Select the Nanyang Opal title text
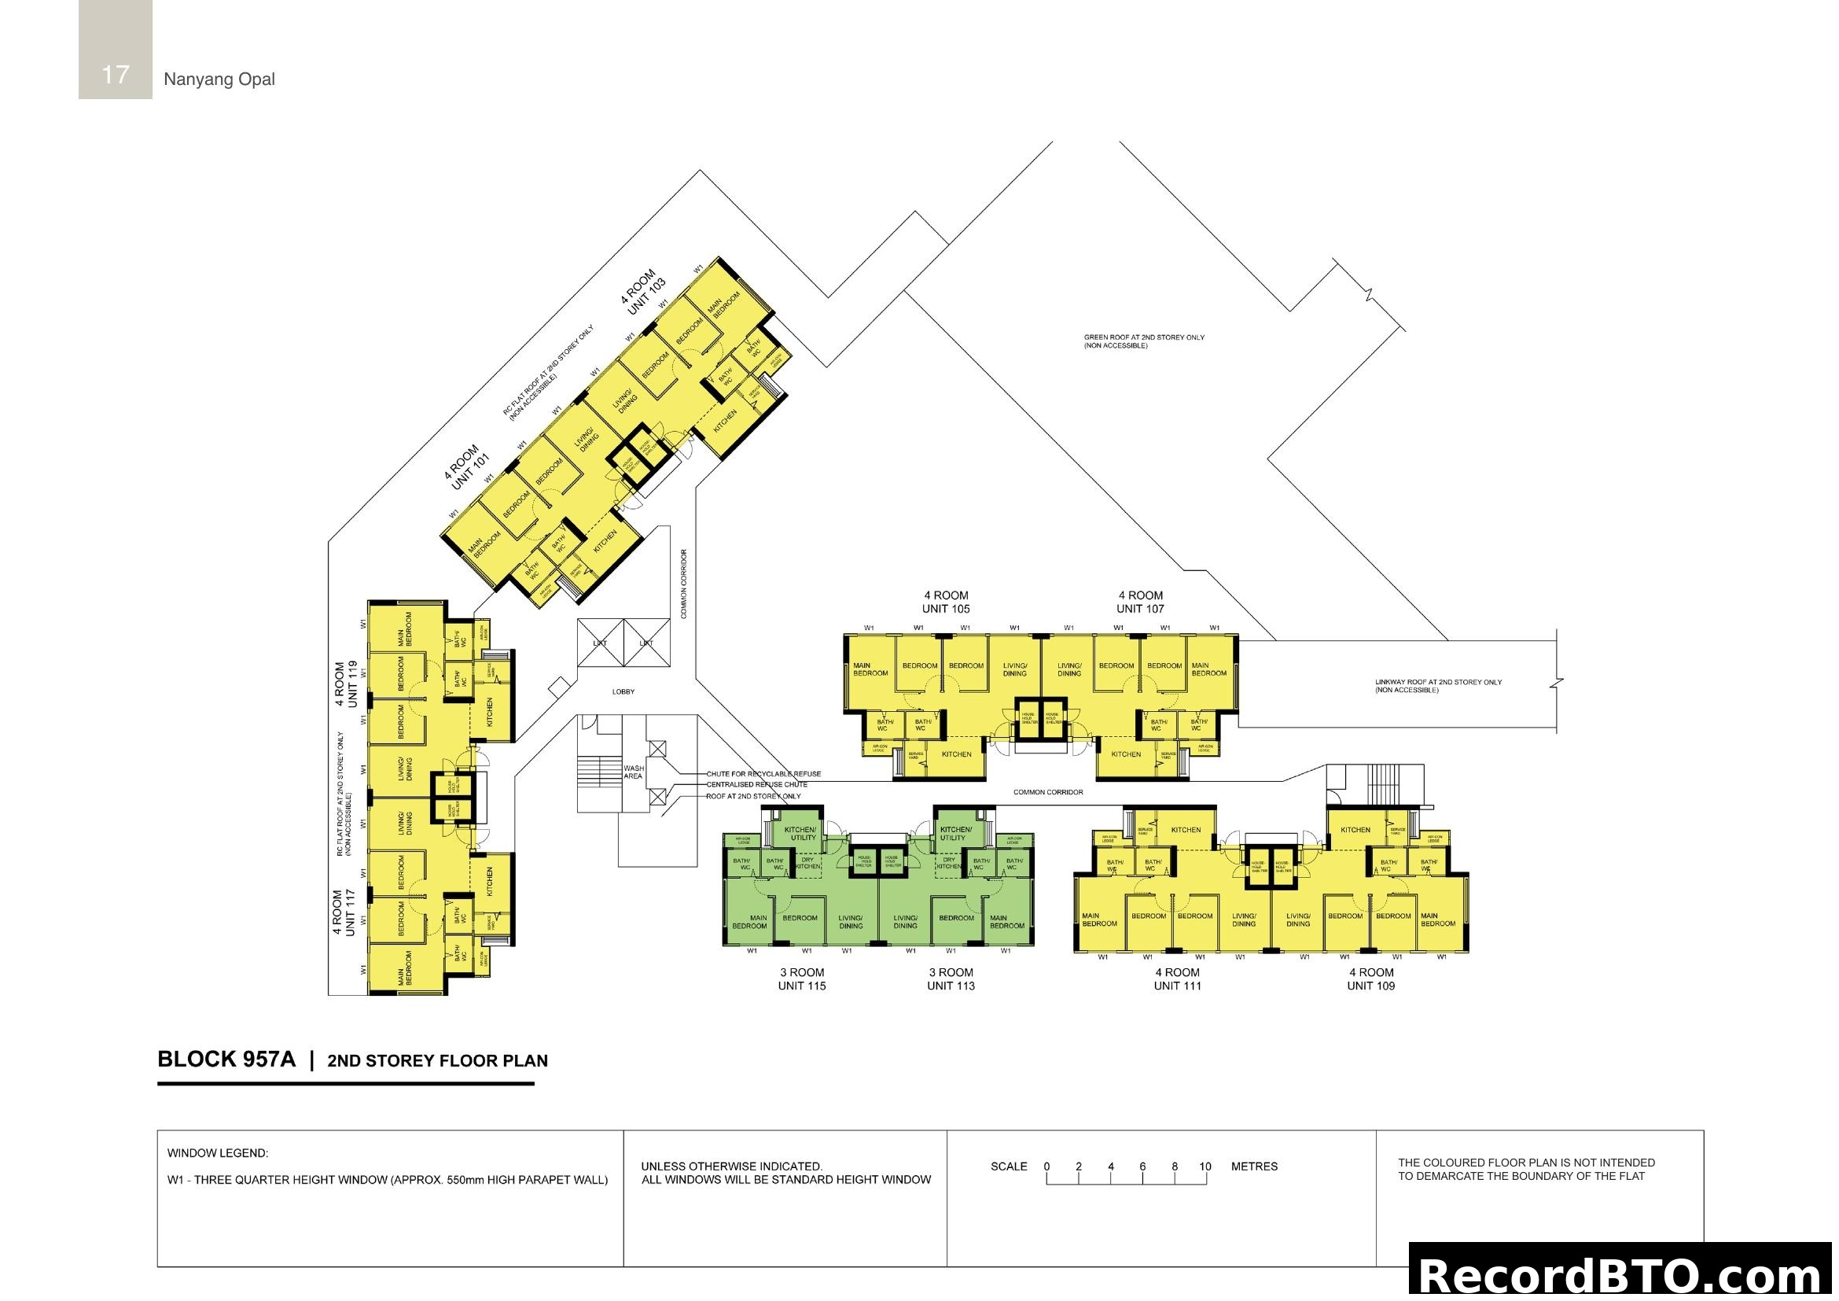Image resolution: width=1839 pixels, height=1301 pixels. [219, 79]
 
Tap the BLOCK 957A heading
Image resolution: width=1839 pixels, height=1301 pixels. [226, 1059]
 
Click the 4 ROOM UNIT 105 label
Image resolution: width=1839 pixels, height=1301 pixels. [946, 603]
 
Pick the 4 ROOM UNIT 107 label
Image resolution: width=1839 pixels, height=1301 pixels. [1140, 603]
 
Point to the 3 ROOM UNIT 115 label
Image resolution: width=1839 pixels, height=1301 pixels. [802, 979]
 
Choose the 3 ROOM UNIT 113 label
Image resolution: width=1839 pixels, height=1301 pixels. [951, 979]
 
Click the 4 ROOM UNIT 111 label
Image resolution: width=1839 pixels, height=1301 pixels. [1178, 979]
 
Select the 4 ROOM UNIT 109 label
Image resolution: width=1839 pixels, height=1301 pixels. [1370, 979]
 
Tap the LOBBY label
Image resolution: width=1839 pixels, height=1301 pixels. [623, 691]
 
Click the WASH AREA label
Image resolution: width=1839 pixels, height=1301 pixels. [633, 772]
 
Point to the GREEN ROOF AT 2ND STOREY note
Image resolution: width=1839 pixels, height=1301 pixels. [1144, 341]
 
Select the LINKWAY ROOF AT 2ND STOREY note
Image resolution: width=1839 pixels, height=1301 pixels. [1438, 686]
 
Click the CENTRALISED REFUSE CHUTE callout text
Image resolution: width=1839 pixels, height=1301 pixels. [756, 785]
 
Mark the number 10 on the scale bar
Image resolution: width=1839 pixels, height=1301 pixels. [1205, 1166]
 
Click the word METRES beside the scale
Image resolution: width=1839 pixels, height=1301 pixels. [1253, 1166]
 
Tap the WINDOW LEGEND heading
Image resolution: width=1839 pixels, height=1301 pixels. [218, 1154]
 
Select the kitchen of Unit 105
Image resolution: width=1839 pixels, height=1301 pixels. [956, 754]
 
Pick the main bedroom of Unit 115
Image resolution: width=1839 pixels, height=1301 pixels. [751, 922]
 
